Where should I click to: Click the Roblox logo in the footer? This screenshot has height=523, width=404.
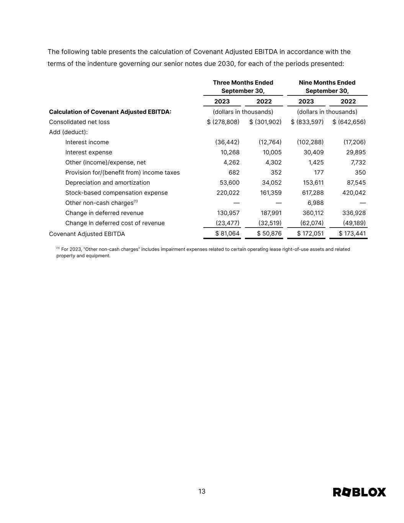point(359,492)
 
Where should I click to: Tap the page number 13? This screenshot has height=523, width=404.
point(202,491)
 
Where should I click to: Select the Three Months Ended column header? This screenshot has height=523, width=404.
point(243,87)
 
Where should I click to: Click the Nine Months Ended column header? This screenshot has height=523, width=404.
point(327,87)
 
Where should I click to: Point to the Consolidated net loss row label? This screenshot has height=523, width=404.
point(79,122)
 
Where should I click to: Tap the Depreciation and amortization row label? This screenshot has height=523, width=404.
point(108,183)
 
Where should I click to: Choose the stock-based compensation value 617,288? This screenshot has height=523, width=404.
point(313,193)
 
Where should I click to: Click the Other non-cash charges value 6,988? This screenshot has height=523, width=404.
point(316,203)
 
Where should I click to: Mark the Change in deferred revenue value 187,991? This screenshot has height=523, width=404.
point(271,213)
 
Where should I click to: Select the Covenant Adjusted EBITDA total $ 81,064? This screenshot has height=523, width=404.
point(227,233)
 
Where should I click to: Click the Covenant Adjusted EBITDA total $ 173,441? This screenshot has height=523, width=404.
point(352,233)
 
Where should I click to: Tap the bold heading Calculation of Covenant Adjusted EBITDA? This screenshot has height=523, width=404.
point(110,112)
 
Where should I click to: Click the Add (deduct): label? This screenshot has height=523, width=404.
point(68,132)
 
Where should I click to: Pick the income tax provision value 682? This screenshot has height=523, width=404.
point(234,172)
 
